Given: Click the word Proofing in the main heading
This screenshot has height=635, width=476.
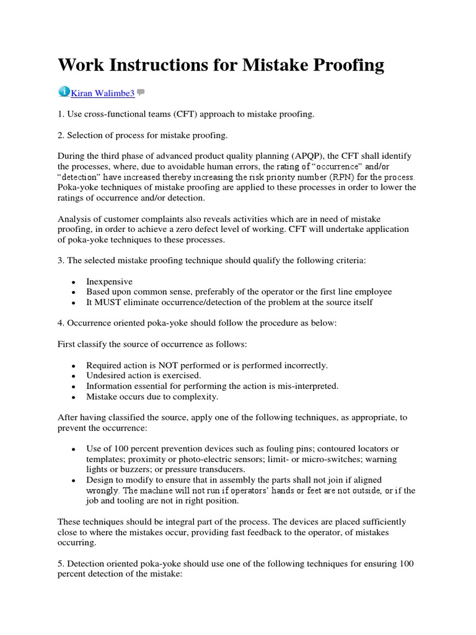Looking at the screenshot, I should (345, 65).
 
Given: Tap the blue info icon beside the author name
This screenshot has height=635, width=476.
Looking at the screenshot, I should (64, 92).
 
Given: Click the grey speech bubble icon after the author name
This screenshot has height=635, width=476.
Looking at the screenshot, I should (141, 93).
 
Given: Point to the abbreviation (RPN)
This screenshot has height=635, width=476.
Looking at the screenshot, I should (330, 177).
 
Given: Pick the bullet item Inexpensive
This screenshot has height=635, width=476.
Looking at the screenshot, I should (109, 282).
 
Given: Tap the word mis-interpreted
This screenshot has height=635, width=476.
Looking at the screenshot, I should (308, 386).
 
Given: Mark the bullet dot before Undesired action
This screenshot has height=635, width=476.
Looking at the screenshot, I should (74, 376).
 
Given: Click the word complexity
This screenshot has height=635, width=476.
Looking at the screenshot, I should (197, 396).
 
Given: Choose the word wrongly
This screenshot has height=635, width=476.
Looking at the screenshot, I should (102, 491).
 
